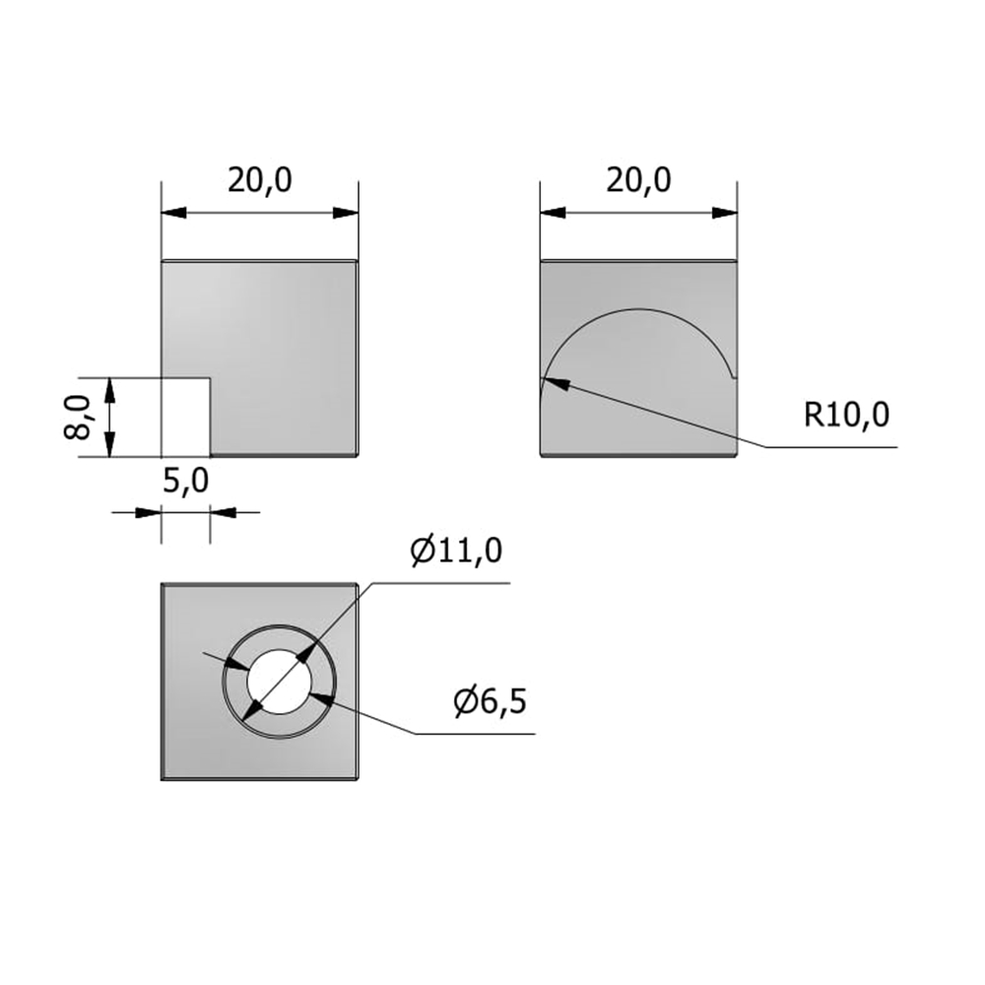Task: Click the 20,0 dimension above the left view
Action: pos(260,181)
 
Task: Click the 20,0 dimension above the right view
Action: pos(639,181)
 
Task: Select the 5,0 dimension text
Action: pos(185,482)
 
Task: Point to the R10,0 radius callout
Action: pos(847,415)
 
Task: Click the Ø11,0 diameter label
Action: pos(457,551)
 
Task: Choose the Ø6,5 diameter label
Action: pos(490,701)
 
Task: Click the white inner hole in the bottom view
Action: pos(279,681)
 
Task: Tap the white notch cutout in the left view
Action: pos(186,418)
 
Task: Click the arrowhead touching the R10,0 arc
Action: pos(556,382)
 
